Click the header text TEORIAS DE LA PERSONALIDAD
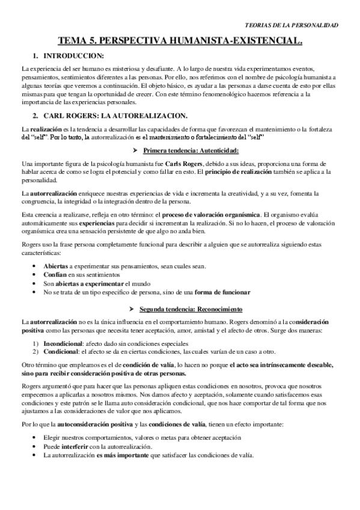pyautogui.click(x=293, y=25)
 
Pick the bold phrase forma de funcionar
pyautogui.click(x=222, y=292)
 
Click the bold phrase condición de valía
pyautogui.click(x=142, y=365)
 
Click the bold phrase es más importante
pyautogui.click(x=120, y=455)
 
